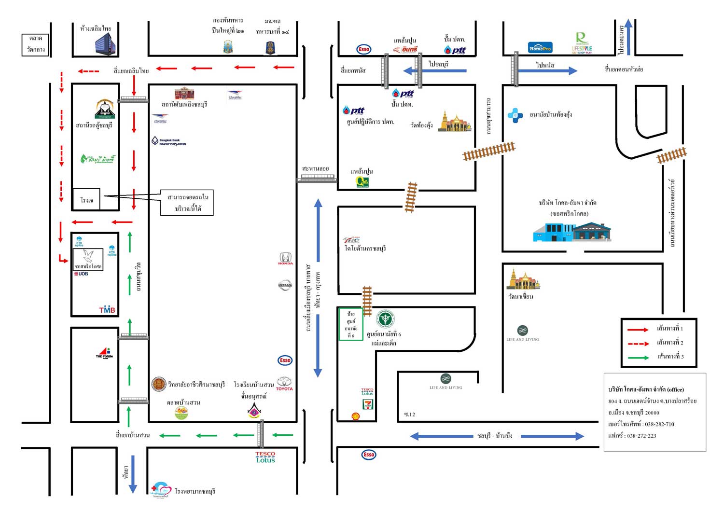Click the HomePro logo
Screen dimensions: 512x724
(540, 48)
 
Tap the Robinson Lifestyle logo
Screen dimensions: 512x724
(582, 43)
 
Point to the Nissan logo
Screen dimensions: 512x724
(285, 285)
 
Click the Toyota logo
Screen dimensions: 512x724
(284, 384)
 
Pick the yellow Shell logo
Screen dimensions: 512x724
(356, 416)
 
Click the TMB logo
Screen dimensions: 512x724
(107, 310)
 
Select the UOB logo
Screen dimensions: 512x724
(81, 274)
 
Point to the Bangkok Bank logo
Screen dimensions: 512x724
(168, 141)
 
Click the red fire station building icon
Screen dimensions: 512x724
(184, 93)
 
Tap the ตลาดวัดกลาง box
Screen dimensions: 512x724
(36, 44)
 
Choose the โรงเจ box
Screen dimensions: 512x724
(86, 199)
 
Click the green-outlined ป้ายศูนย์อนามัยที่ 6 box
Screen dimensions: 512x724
(351, 324)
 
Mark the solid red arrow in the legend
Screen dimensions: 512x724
(638, 330)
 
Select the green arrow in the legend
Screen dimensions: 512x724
(638, 358)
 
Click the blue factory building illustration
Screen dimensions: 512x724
(572, 232)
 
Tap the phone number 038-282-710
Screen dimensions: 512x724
(659, 424)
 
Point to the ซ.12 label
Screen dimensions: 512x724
(409, 415)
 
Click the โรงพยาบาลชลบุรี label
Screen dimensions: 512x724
(195, 491)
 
